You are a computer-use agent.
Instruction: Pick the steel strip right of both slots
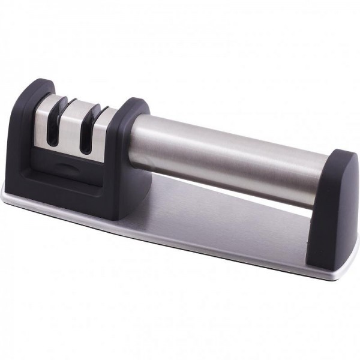coord(103,129)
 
